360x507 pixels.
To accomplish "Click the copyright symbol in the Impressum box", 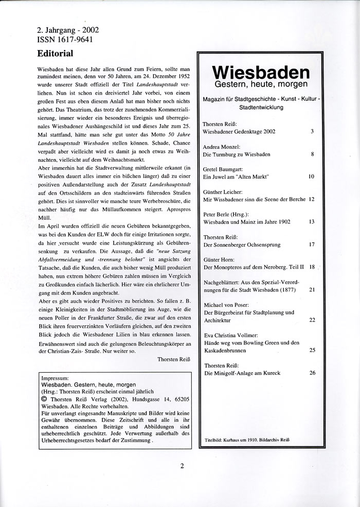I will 44,397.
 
